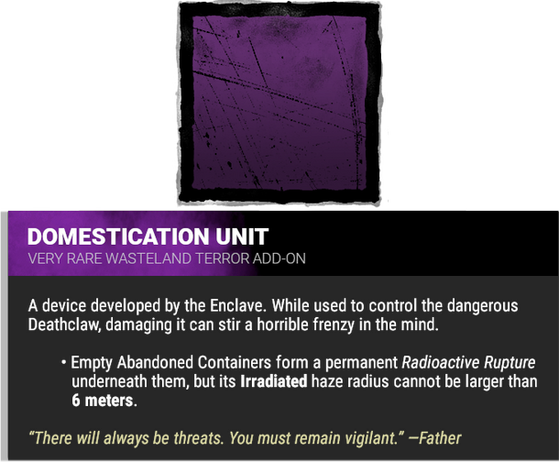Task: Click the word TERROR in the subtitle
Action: click(x=219, y=258)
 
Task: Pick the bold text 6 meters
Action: click(x=102, y=401)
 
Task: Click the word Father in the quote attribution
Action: click(x=441, y=438)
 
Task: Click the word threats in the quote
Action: click(x=185, y=438)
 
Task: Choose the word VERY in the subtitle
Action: click(x=46, y=258)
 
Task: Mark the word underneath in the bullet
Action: click(x=109, y=381)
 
